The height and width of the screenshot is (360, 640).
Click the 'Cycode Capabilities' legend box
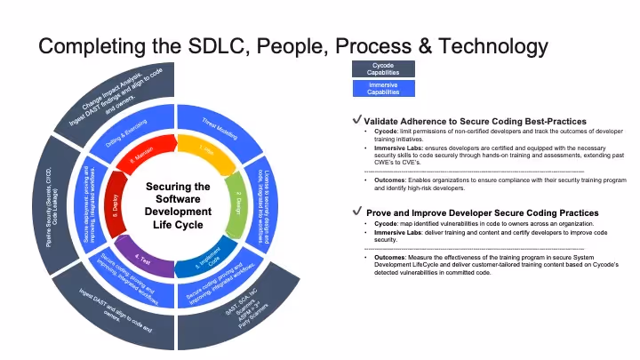[x=382, y=69]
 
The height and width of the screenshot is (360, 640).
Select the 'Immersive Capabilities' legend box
[x=382, y=88]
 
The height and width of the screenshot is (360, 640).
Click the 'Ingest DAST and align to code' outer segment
[x=124, y=311]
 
